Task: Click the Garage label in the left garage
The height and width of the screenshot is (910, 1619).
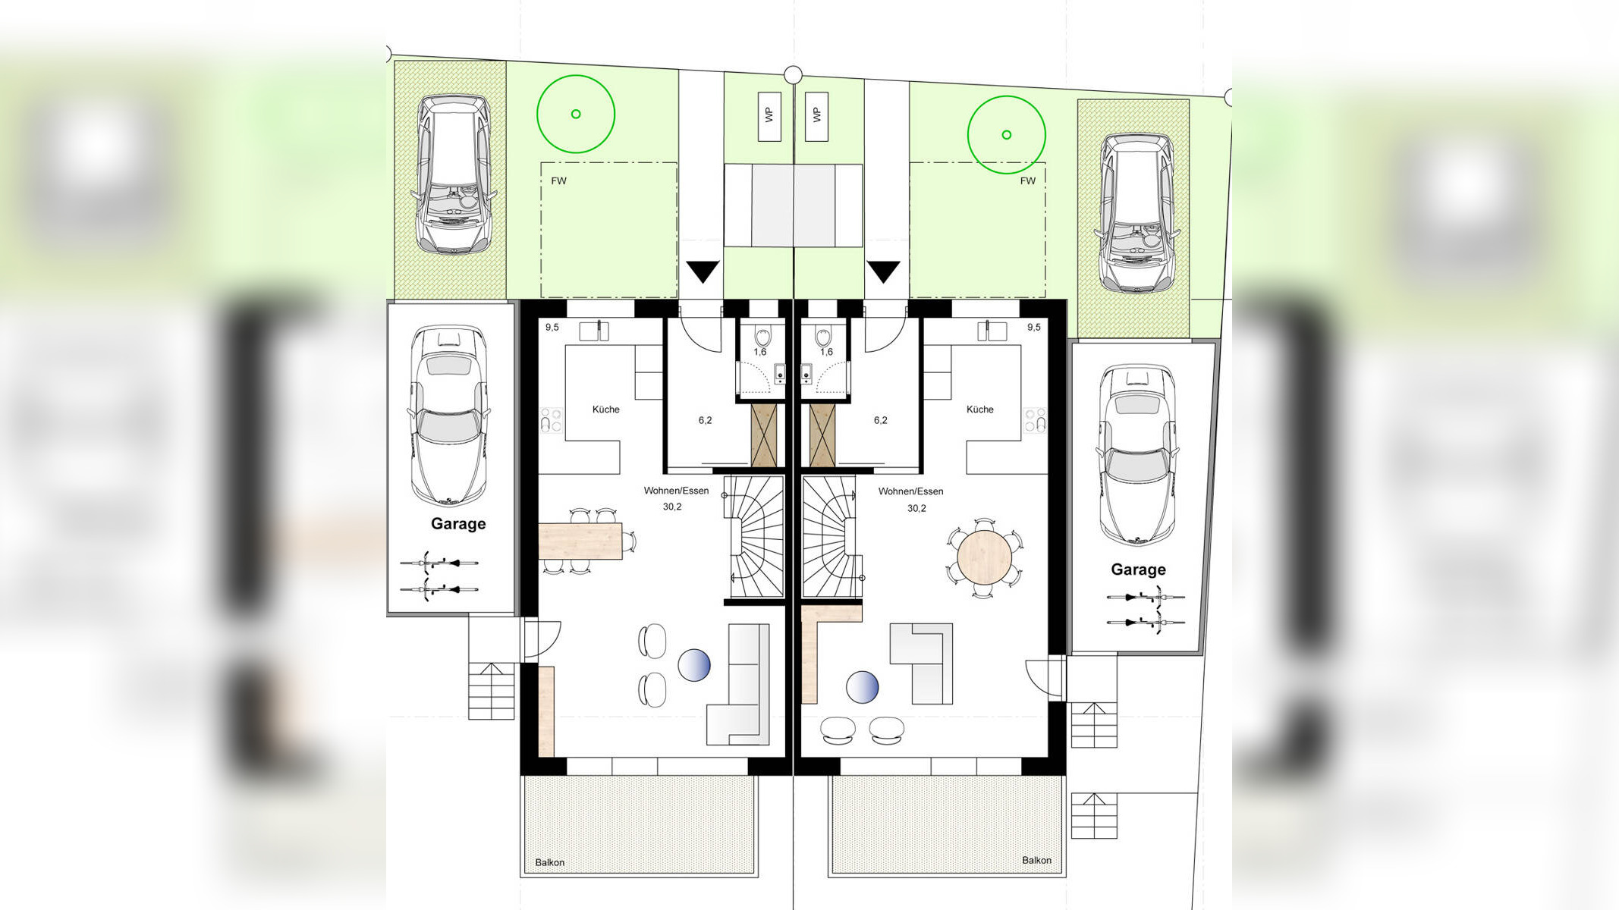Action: click(x=458, y=523)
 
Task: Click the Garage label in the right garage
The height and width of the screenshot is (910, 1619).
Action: click(x=1138, y=570)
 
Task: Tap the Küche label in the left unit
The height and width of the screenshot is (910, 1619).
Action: click(x=605, y=409)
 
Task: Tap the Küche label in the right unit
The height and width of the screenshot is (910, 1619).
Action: click(x=979, y=409)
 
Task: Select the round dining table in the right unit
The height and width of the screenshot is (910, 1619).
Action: click(x=985, y=557)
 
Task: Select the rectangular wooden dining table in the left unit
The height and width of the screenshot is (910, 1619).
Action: click(x=580, y=541)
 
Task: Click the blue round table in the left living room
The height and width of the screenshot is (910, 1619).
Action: click(x=694, y=665)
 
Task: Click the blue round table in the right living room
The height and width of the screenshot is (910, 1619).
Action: click(x=863, y=688)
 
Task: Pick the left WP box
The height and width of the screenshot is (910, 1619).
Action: click(x=769, y=116)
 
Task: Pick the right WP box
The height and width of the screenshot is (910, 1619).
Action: click(x=817, y=116)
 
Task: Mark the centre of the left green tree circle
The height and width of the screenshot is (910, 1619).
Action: click(x=576, y=114)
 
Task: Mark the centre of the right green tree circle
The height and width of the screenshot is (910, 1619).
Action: click(x=1006, y=135)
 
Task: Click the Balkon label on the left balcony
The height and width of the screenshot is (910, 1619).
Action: click(x=550, y=862)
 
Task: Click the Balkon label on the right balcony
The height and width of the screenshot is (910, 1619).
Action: click(x=1036, y=860)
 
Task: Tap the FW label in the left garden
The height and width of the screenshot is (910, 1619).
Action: click(x=558, y=180)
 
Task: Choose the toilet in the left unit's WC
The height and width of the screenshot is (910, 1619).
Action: click(x=762, y=335)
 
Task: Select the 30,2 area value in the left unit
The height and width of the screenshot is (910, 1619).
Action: click(x=672, y=507)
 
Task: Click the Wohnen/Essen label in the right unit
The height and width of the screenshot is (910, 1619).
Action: click(x=910, y=491)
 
